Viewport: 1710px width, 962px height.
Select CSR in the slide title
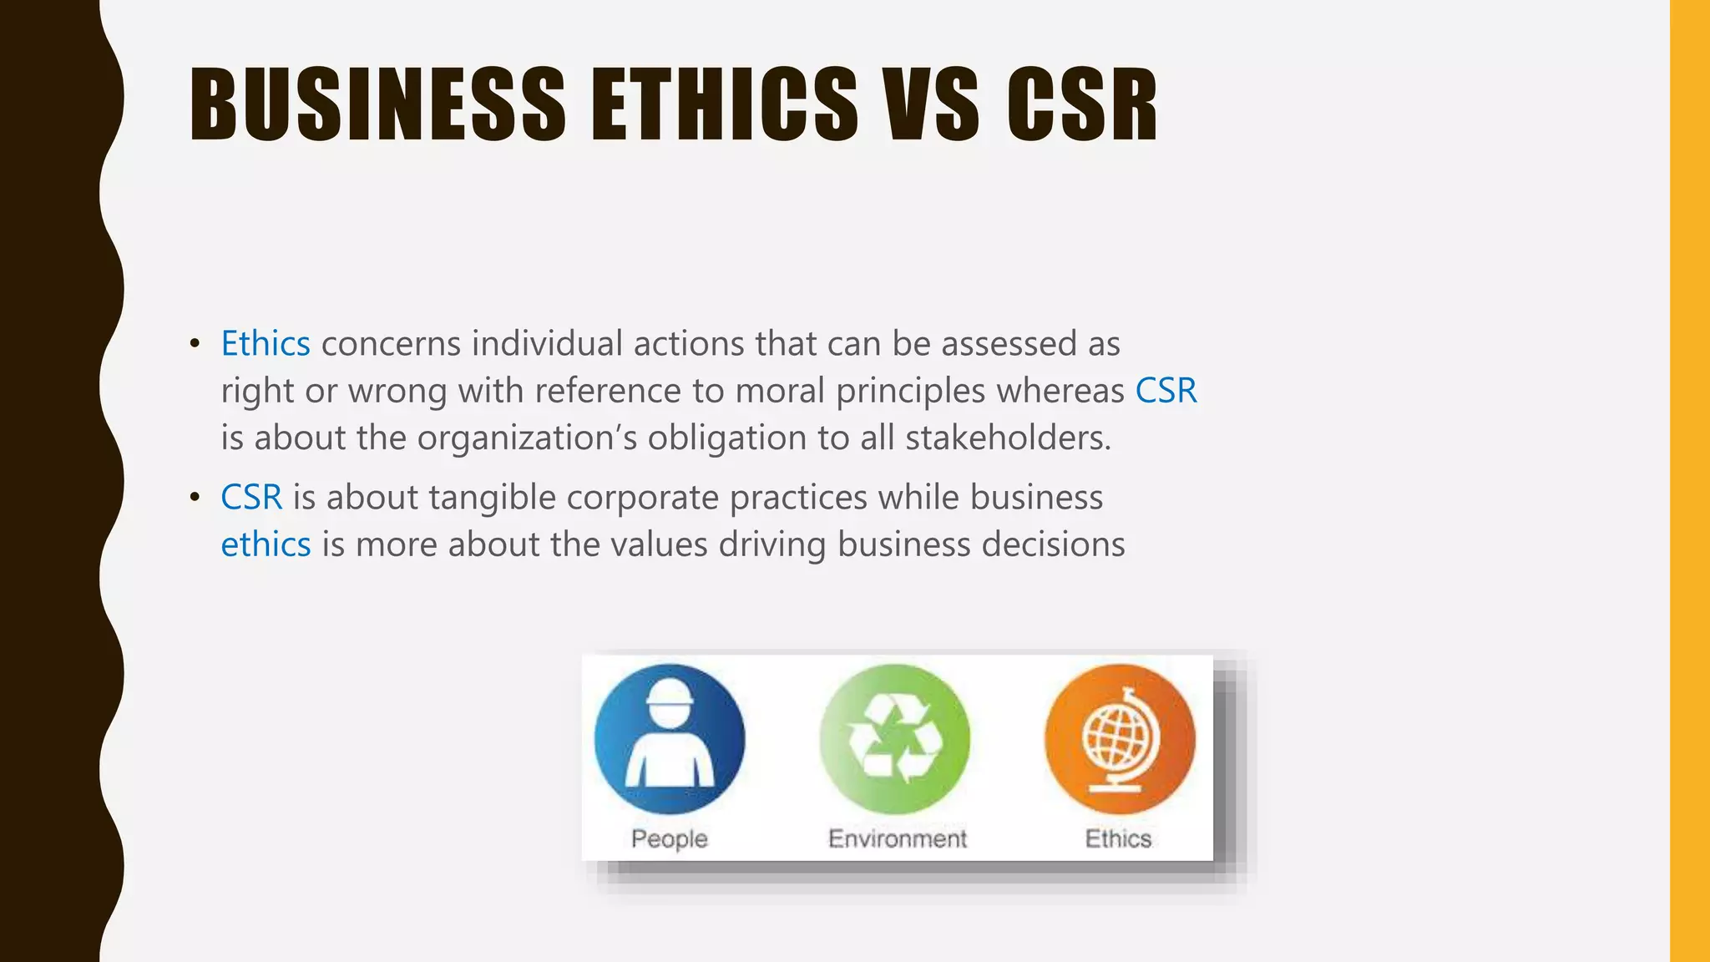1082,104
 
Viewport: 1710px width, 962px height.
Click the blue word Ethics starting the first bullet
266,344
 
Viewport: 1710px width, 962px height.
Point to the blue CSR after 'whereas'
1166,391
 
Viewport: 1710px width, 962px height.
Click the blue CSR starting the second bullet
251,498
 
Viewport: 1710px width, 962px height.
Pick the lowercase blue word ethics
266,544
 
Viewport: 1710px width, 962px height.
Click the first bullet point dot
195,344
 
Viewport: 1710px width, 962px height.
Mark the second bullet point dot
195,498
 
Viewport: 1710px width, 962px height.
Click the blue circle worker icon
670,739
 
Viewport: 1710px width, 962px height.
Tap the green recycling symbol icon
895,739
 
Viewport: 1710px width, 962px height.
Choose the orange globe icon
1120,739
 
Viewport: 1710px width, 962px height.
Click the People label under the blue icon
670,838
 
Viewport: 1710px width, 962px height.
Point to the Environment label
898,838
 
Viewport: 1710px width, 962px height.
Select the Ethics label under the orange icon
1118,838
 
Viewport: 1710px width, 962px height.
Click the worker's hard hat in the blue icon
670,693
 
